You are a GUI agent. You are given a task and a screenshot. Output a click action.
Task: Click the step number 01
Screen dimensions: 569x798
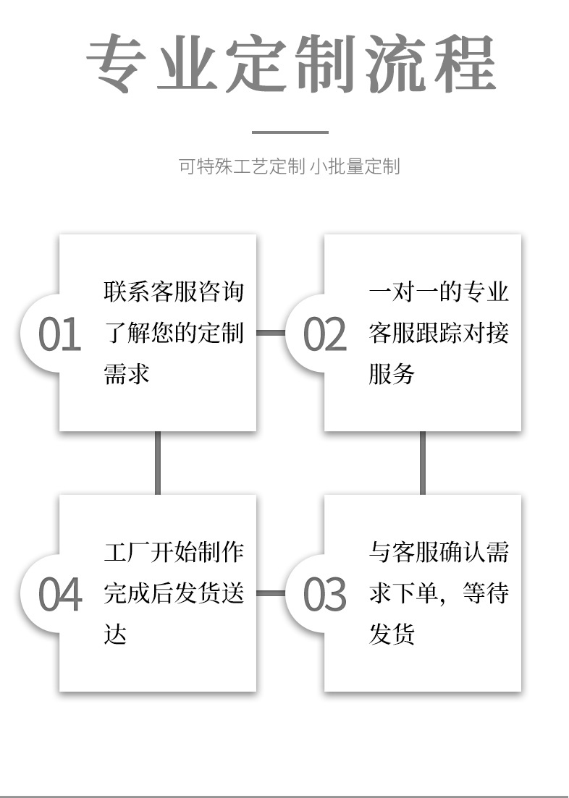(x=59, y=334)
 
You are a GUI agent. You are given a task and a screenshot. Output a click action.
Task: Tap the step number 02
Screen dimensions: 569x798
(x=325, y=334)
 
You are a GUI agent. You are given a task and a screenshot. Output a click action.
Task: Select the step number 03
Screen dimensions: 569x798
(x=325, y=594)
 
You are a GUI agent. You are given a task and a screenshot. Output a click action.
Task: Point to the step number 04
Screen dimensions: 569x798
(x=60, y=594)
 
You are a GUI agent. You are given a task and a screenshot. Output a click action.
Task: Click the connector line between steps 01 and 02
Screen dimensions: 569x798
(x=271, y=333)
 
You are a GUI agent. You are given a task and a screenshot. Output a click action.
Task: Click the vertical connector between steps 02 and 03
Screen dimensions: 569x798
(x=422, y=462)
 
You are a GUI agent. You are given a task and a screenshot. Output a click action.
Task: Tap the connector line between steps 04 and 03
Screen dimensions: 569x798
(x=271, y=593)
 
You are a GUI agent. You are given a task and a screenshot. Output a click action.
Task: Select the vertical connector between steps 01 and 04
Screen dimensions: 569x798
(x=157, y=462)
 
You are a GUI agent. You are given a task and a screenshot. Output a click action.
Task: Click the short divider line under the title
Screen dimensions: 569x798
(x=290, y=132)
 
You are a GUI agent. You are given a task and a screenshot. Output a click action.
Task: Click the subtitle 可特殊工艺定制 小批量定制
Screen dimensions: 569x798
(x=289, y=166)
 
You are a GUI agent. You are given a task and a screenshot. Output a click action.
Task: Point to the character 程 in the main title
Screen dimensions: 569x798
(x=465, y=63)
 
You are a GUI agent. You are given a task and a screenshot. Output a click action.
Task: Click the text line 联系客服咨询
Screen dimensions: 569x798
(x=174, y=292)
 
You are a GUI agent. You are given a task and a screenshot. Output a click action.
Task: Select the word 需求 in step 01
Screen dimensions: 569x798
(x=127, y=373)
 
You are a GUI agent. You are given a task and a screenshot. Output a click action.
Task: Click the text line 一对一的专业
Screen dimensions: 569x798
(x=439, y=292)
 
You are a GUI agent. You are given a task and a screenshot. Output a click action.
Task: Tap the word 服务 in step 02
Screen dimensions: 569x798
(x=392, y=373)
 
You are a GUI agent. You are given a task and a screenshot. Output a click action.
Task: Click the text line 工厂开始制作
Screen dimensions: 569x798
(x=174, y=552)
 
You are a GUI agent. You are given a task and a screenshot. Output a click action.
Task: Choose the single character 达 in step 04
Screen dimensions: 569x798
(x=115, y=634)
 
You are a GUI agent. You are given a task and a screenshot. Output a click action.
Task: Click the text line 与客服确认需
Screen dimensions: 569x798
(x=439, y=552)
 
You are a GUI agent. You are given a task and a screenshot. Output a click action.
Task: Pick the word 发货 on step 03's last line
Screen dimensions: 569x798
(x=392, y=634)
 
